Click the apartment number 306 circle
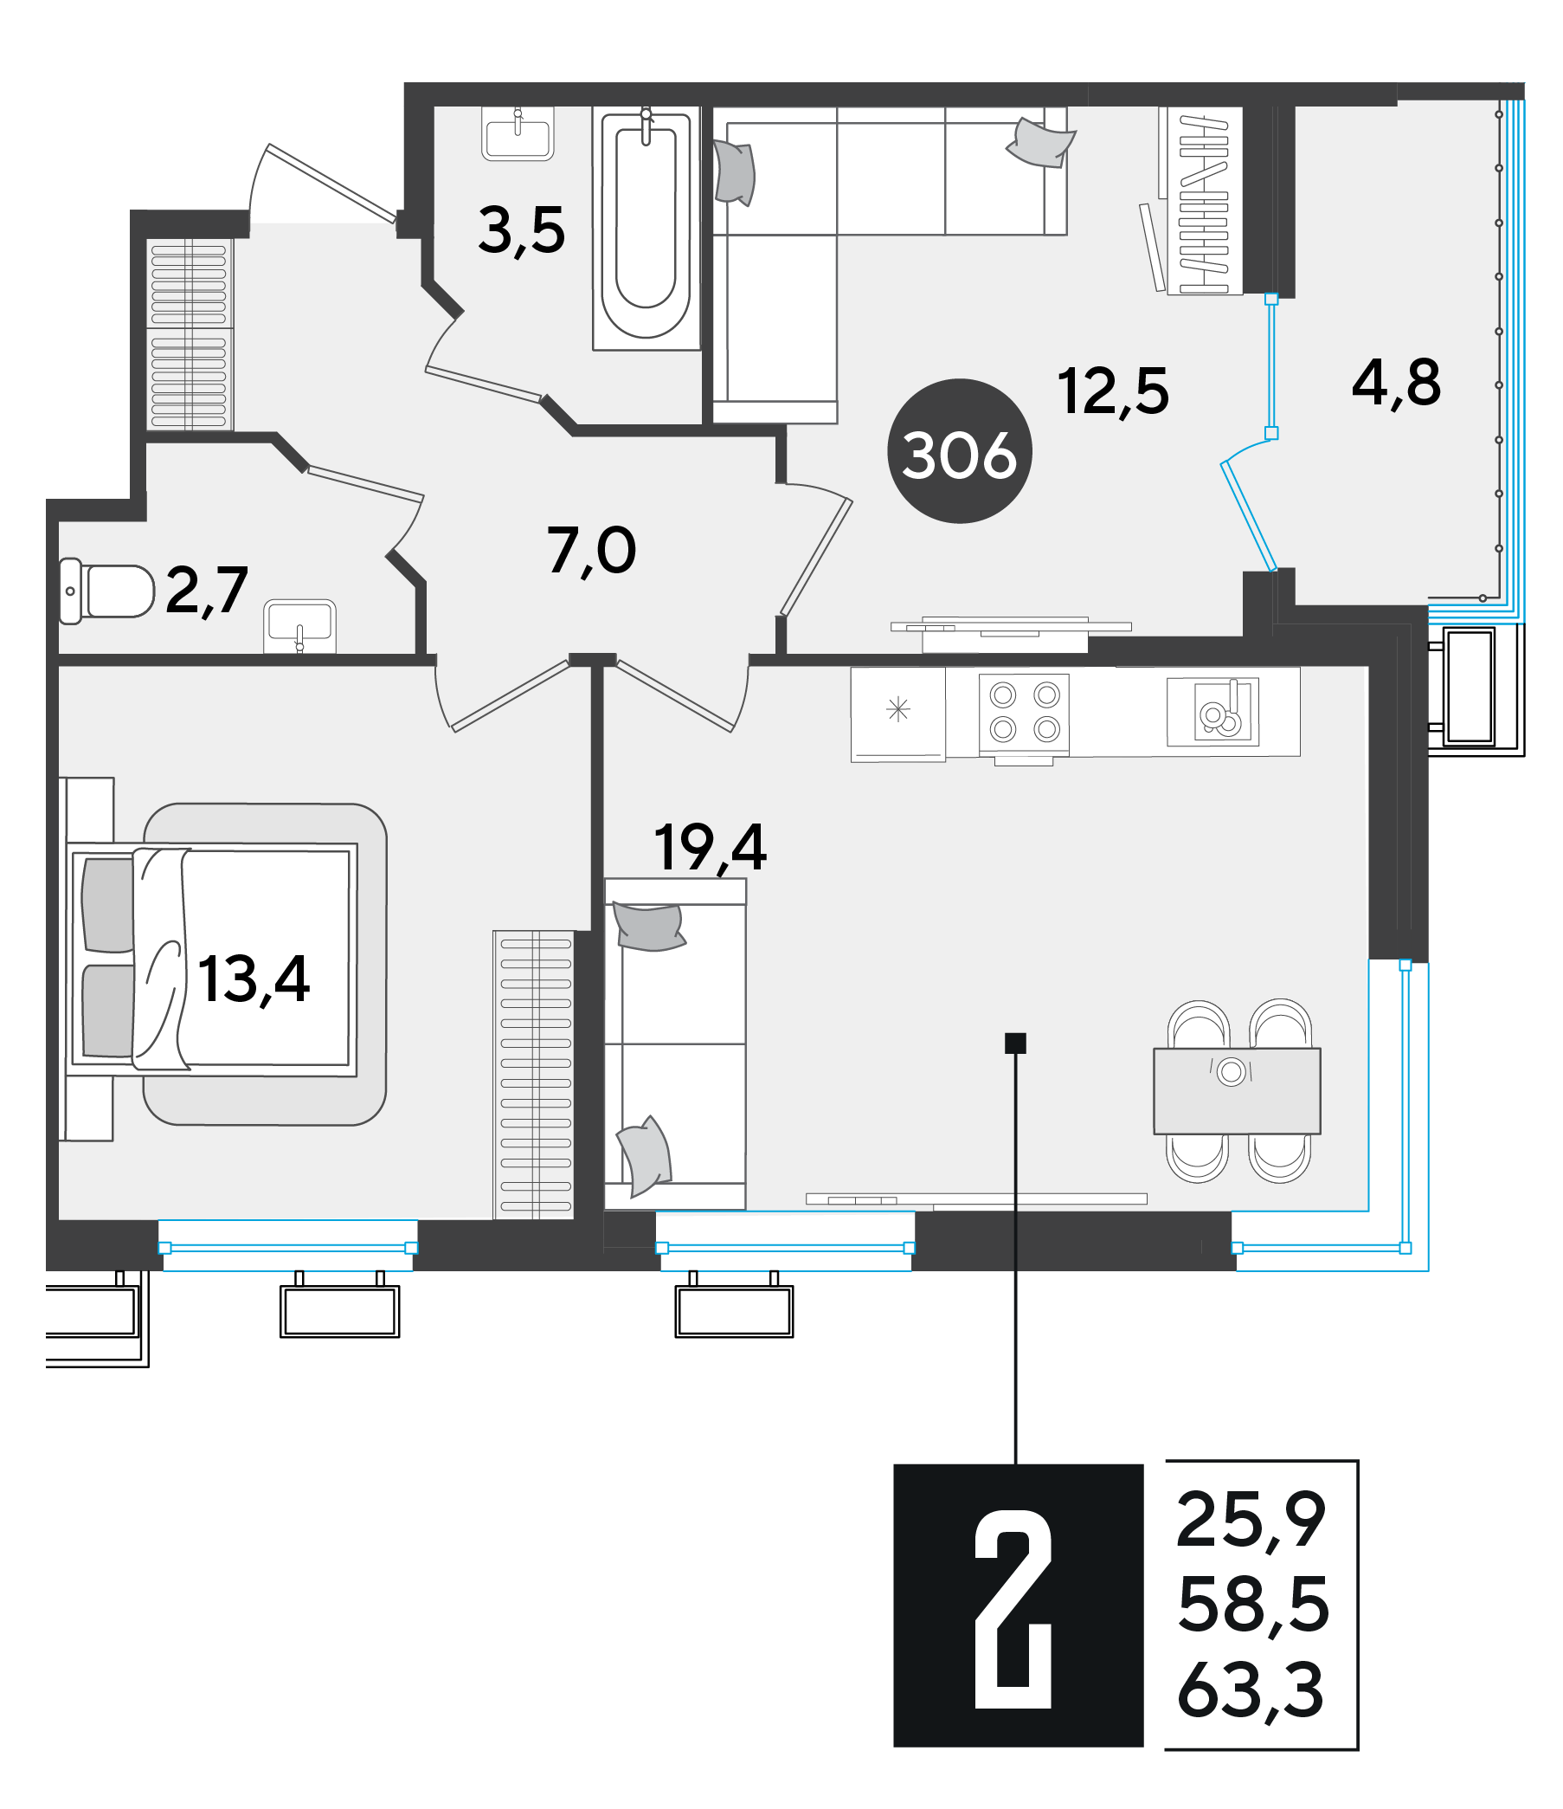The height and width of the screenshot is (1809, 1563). tap(959, 451)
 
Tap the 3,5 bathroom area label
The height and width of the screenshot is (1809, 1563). tap(521, 231)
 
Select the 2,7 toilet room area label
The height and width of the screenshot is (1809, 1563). tap(206, 591)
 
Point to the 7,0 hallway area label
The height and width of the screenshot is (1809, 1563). tap(591, 551)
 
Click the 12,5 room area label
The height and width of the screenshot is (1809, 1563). tap(1113, 391)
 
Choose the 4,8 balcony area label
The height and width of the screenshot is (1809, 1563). tap(1395, 384)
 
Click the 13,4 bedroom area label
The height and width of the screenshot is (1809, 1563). tap(253, 979)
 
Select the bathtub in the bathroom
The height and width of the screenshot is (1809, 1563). tap(646, 228)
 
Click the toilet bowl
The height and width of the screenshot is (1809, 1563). tap(106, 592)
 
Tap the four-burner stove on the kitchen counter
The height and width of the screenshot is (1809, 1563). tap(1024, 714)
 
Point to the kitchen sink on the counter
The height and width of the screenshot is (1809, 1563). tap(1213, 712)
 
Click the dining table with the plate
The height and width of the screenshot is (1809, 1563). tap(1237, 1090)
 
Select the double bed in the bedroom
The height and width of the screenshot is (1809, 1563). tap(212, 959)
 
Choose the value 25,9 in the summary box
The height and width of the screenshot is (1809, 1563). tap(1251, 1520)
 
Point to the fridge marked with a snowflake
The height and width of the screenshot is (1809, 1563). tap(898, 715)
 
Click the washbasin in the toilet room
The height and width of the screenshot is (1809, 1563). tap(299, 625)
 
